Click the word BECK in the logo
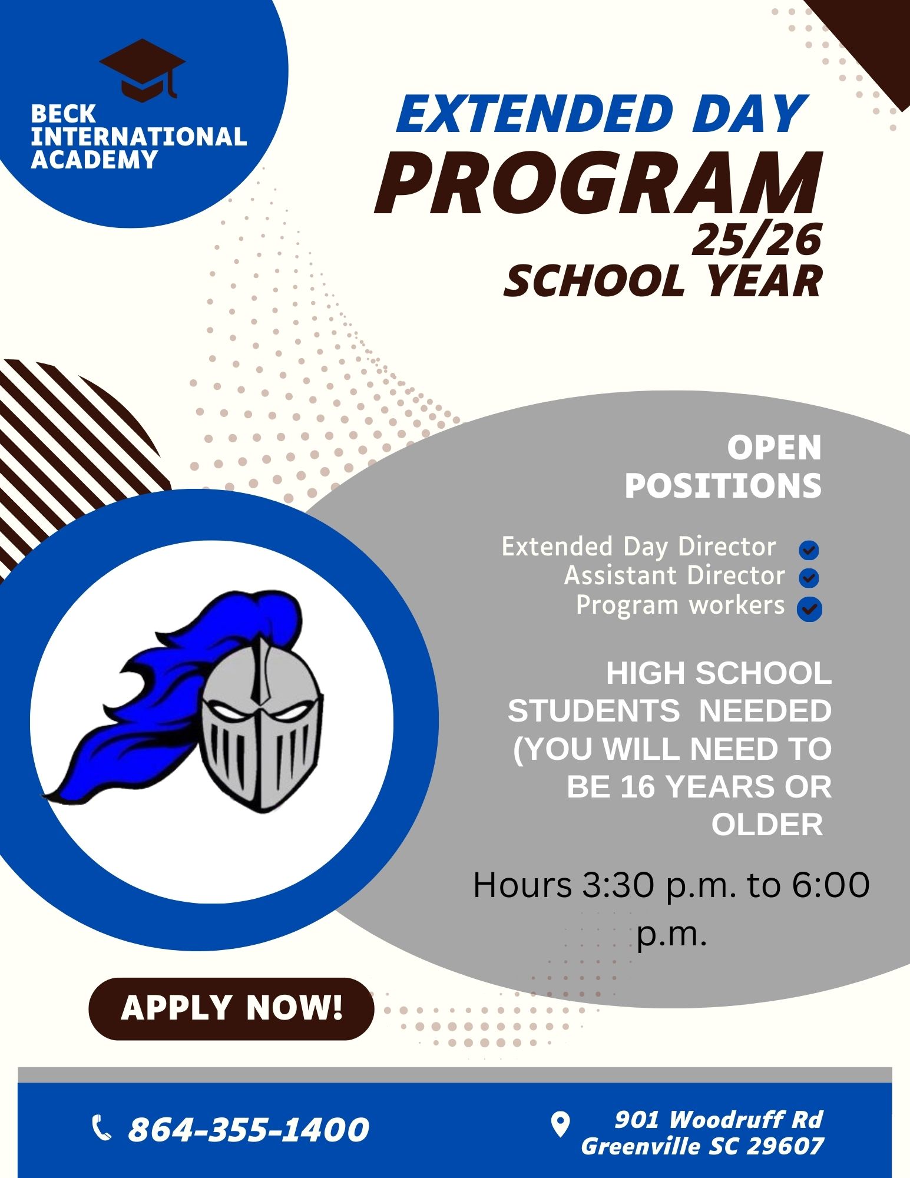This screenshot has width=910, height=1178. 63,114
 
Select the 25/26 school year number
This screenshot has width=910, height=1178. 756,240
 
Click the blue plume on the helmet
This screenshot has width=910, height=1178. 171,689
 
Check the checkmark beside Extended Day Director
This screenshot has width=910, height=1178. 809,550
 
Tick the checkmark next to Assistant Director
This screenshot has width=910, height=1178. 809,578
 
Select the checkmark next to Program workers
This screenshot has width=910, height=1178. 809,609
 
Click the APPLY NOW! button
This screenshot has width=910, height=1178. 231,1009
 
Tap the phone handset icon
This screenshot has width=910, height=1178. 102,1128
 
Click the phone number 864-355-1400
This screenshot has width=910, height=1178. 249,1129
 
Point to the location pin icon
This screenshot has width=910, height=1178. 560,1124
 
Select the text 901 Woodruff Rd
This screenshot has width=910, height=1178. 719,1119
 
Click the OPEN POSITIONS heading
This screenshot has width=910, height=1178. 723,467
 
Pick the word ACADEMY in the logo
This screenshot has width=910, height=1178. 94,160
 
